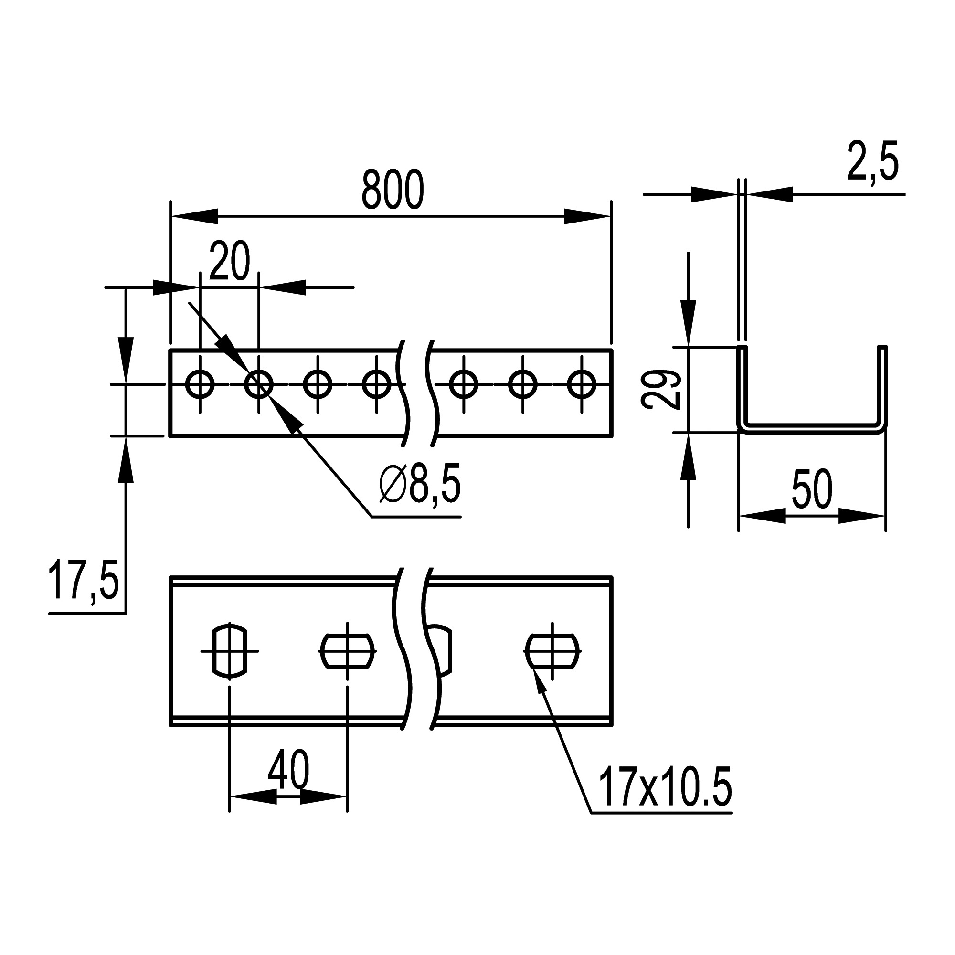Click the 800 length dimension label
pyautogui.click(x=393, y=191)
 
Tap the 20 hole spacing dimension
pyautogui.click(x=230, y=261)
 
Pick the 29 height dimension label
pyautogui.click(x=661, y=390)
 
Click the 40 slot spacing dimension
pyautogui.click(x=289, y=770)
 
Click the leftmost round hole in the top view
pyautogui.click(x=200, y=384)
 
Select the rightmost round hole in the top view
pyautogui.click(x=582, y=384)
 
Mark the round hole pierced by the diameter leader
pyautogui.click(x=258, y=384)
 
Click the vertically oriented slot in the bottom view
pyautogui.click(x=229, y=650)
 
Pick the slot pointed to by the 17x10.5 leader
pyautogui.click(x=552, y=651)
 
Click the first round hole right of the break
pyautogui.click(x=464, y=384)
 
